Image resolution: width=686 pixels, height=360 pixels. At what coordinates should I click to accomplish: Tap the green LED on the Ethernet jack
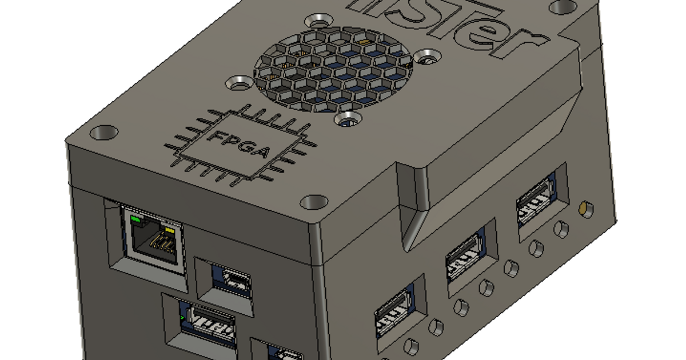(x=135, y=219)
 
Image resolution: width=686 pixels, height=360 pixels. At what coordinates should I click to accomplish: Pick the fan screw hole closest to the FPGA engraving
(x=238, y=83)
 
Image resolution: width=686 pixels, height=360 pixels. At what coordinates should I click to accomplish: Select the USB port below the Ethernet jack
(x=208, y=325)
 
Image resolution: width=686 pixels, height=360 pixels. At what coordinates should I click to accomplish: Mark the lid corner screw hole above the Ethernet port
(x=103, y=133)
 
